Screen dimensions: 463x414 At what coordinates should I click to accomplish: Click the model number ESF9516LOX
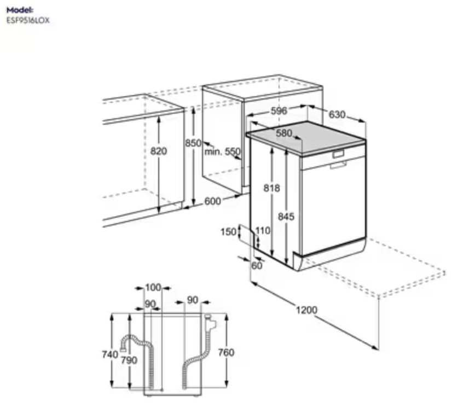(28, 20)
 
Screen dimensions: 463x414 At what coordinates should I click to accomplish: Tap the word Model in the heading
(20, 10)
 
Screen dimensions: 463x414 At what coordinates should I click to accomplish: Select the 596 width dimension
(279, 110)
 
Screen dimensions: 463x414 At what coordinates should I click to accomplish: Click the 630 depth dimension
(337, 114)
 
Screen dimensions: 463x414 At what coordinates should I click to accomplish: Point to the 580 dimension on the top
(283, 133)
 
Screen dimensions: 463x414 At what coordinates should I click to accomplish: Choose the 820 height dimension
(159, 151)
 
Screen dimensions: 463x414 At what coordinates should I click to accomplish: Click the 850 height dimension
(193, 143)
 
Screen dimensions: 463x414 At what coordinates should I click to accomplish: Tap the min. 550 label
(223, 152)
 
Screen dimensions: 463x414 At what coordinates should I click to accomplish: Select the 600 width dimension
(212, 201)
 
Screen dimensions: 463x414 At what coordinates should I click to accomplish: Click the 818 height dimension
(271, 188)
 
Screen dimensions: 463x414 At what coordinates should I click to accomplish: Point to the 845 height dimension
(286, 217)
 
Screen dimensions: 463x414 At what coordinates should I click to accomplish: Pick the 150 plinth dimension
(229, 232)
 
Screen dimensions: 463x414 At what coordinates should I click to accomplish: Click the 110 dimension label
(263, 230)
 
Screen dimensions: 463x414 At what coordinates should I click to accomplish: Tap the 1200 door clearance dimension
(306, 310)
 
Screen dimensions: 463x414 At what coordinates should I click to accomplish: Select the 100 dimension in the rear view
(153, 288)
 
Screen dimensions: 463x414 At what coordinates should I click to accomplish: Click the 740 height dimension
(110, 354)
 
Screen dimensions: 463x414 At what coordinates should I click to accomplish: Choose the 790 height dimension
(129, 360)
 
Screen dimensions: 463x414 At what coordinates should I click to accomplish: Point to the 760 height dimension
(226, 352)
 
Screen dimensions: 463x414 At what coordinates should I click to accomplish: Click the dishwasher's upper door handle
(338, 154)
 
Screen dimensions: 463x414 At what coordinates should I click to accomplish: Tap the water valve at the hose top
(210, 323)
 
